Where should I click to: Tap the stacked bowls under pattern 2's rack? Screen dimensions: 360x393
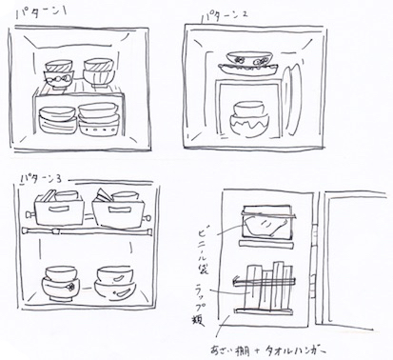click(x=250, y=123)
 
